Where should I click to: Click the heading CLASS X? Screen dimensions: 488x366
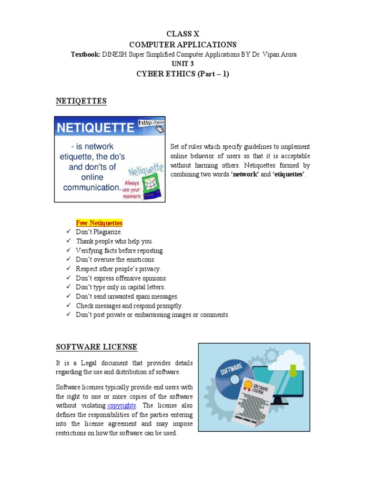[x=183, y=34]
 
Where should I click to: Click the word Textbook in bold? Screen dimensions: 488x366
[x=85, y=54]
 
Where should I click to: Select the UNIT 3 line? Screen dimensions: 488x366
[x=183, y=63]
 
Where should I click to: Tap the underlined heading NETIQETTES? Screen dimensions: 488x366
[x=81, y=101]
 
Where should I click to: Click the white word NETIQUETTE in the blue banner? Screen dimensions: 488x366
[x=96, y=128]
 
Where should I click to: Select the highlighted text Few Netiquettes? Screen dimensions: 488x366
[x=99, y=223]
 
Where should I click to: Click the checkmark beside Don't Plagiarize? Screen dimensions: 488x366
[x=68, y=232]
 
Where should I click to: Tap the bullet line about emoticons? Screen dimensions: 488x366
[x=115, y=259]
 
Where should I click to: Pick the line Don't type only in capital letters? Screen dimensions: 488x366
[x=120, y=287]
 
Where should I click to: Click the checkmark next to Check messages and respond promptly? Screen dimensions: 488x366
[x=68, y=305]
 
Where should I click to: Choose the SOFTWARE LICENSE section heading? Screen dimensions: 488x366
[x=97, y=346]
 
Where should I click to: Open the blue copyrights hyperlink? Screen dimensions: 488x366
[x=122, y=406]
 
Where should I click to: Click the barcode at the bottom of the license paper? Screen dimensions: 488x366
[x=244, y=417]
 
